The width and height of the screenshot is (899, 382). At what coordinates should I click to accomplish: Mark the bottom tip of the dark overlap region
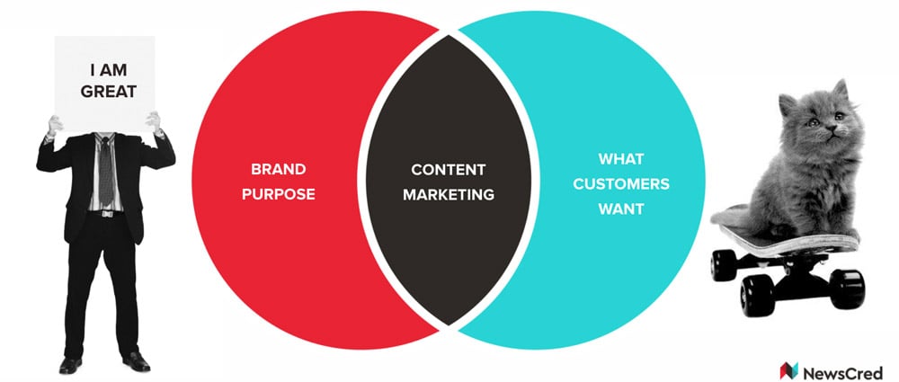[x=449, y=325]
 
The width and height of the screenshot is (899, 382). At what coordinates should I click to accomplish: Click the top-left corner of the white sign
[x=55, y=37]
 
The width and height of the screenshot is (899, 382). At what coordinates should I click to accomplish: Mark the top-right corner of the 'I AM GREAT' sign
[x=156, y=37]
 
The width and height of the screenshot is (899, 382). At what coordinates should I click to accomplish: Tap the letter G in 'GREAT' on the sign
[x=86, y=91]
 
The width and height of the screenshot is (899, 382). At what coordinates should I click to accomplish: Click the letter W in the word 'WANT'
[x=606, y=209]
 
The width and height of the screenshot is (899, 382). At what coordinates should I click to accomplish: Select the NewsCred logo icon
[x=789, y=370]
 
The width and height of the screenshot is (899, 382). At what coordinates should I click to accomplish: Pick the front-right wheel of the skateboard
[x=847, y=289]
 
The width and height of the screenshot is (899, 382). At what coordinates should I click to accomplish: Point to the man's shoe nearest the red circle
[x=137, y=362]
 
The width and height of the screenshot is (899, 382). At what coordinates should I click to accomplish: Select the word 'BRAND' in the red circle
[x=279, y=169]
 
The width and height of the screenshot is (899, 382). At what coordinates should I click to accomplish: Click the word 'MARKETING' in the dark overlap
[x=449, y=194]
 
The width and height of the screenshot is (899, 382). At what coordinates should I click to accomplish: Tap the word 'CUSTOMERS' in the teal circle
[x=621, y=184]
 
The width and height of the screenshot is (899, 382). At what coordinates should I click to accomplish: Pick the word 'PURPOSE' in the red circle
[x=279, y=194]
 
